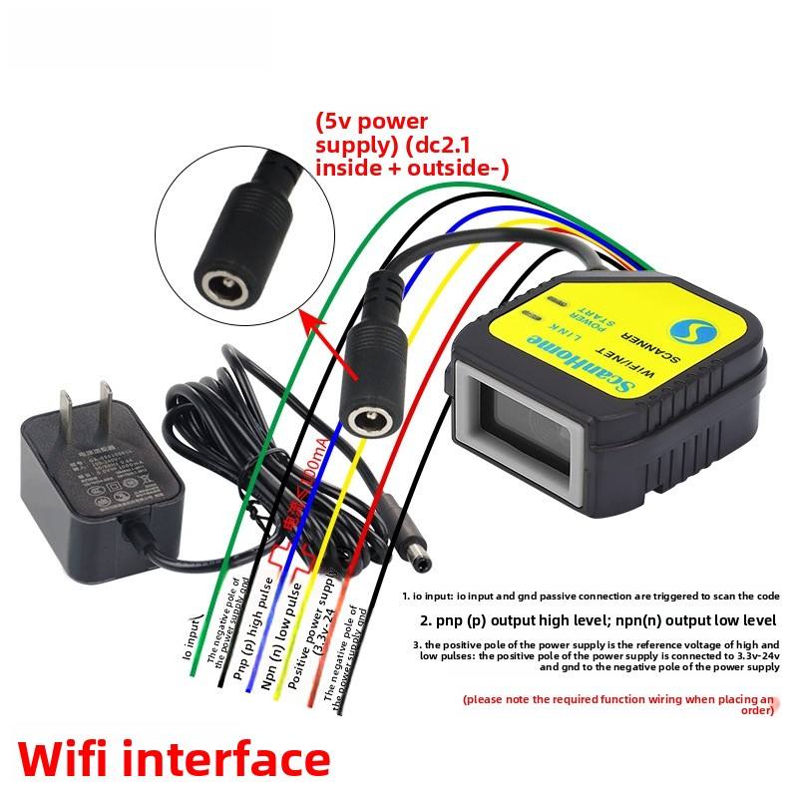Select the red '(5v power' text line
[372, 122]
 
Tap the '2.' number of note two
[426, 619]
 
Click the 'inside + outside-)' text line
[411, 168]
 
